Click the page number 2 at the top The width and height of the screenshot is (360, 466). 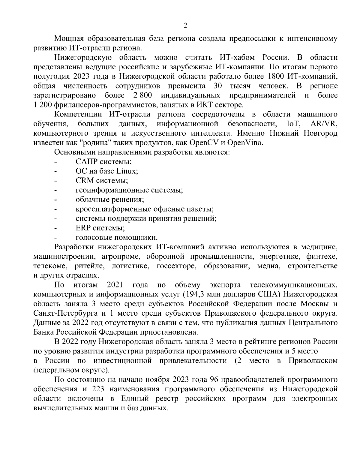point(185,26)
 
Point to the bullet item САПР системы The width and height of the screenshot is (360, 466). point(104,162)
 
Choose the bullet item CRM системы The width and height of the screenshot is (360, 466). point(102,181)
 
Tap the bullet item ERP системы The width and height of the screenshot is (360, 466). point(100,228)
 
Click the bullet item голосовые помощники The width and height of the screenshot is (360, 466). point(117,237)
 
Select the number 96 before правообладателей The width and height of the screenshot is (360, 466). point(212,380)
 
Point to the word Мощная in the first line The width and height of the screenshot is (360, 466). point(69,38)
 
